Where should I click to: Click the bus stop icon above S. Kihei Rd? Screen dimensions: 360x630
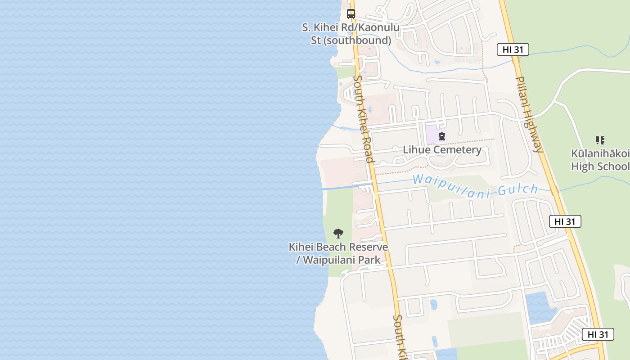[x=351, y=14]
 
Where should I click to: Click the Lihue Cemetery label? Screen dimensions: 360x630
[x=442, y=150]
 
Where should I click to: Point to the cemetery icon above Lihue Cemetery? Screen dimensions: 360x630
[x=442, y=136]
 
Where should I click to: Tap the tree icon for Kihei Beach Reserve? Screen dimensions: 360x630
[x=338, y=234]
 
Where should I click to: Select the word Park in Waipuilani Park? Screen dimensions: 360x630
[x=369, y=260]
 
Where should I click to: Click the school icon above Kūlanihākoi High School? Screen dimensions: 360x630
[x=600, y=140]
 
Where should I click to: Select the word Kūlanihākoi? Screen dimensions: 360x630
[x=600, y=153]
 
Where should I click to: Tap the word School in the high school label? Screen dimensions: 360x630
[x=615, y=166]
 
